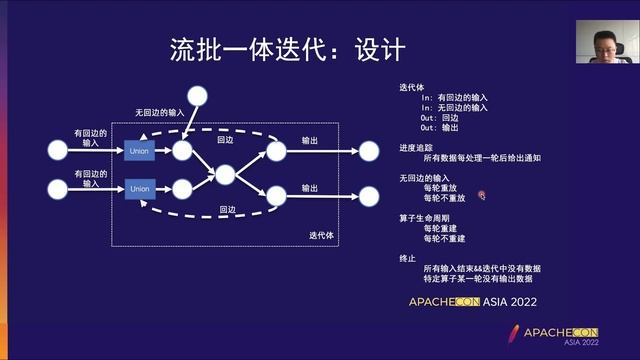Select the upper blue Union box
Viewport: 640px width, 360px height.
[139, 151]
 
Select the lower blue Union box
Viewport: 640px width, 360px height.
[139, 187]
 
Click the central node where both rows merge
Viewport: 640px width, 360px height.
[224, 174]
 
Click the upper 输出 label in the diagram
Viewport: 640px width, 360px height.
[310, 141]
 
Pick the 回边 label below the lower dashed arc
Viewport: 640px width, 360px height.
[226, 209]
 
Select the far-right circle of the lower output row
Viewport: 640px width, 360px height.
[369, 188]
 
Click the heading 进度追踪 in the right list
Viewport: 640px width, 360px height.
[415, 147]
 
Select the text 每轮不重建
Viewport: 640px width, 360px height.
[443, 239]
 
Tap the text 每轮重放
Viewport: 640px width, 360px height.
[440, 187]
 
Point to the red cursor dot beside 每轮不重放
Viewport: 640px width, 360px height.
[481, 197]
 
